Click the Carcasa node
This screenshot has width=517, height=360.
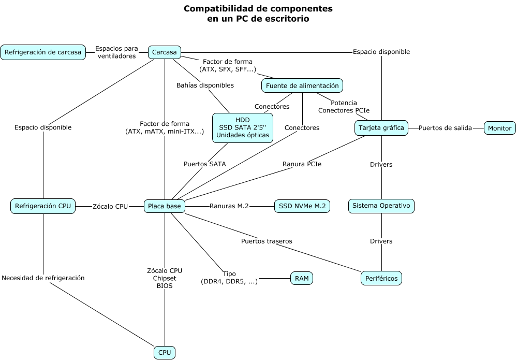[164, 52]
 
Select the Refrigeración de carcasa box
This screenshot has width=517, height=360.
[43, 52]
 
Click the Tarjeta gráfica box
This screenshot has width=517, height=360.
[381, 127]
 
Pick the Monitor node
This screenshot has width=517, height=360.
[499, 128]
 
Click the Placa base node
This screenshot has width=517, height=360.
[164, 206]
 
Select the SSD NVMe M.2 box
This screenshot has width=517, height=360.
[302, 206]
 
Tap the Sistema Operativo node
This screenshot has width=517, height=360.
[381, 206]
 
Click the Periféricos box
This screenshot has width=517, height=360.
[381, 278]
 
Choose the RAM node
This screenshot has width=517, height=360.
[302, 278]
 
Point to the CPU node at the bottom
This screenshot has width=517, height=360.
[165, 353]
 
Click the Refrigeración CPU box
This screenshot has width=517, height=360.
[43, 206]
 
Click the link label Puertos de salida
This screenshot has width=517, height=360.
[445, 128]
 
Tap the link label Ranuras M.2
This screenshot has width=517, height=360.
[229, 206]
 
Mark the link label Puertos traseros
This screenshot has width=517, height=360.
[267, 241]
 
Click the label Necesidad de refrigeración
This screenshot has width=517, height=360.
[43, 278]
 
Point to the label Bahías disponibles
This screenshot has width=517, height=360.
[205, 85]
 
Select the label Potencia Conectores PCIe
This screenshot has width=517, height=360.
[344, 107]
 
